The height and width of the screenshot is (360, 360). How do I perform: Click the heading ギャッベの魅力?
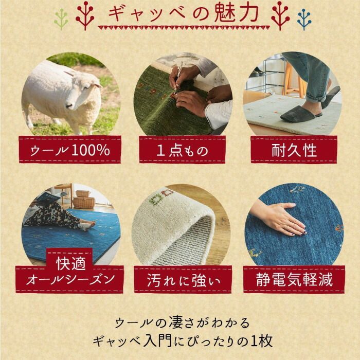180,14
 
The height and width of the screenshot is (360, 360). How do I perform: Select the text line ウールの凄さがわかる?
179,323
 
